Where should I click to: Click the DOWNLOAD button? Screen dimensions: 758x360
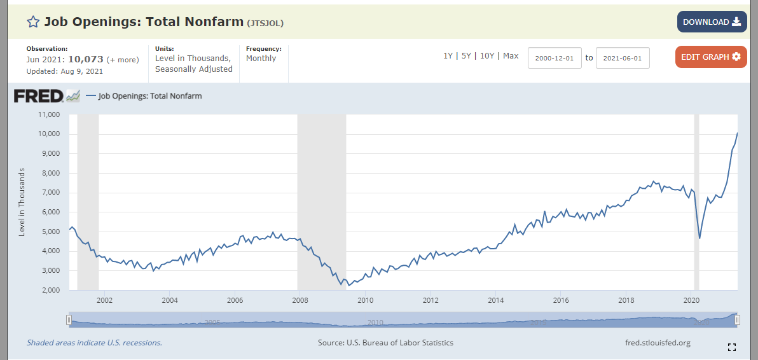pos(712,22)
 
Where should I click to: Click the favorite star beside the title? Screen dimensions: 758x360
pos(33,22)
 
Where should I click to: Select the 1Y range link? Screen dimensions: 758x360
pos(448,56)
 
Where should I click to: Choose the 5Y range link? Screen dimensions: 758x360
pos(466,56)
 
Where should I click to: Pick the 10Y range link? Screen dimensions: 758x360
pos(487,56)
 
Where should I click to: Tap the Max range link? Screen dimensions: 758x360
pos(511,56)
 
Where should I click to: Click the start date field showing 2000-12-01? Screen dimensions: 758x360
pos(555,58)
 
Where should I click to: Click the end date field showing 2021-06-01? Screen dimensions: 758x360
pos(623,58)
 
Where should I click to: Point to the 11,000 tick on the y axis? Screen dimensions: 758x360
pos(48,115)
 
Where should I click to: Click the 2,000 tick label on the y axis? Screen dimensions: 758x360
pos(50,290)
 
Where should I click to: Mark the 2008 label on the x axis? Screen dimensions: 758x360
pos(300,300)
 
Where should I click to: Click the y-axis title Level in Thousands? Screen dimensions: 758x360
pos(22,202)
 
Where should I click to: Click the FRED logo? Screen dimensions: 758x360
pos(46,95)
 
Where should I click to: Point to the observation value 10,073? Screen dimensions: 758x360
pos(86,59)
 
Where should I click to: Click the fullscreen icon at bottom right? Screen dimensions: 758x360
pos(732,347)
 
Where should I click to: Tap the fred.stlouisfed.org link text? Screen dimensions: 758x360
pos(658,343)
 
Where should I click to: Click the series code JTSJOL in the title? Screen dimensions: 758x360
pos(265,23)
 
